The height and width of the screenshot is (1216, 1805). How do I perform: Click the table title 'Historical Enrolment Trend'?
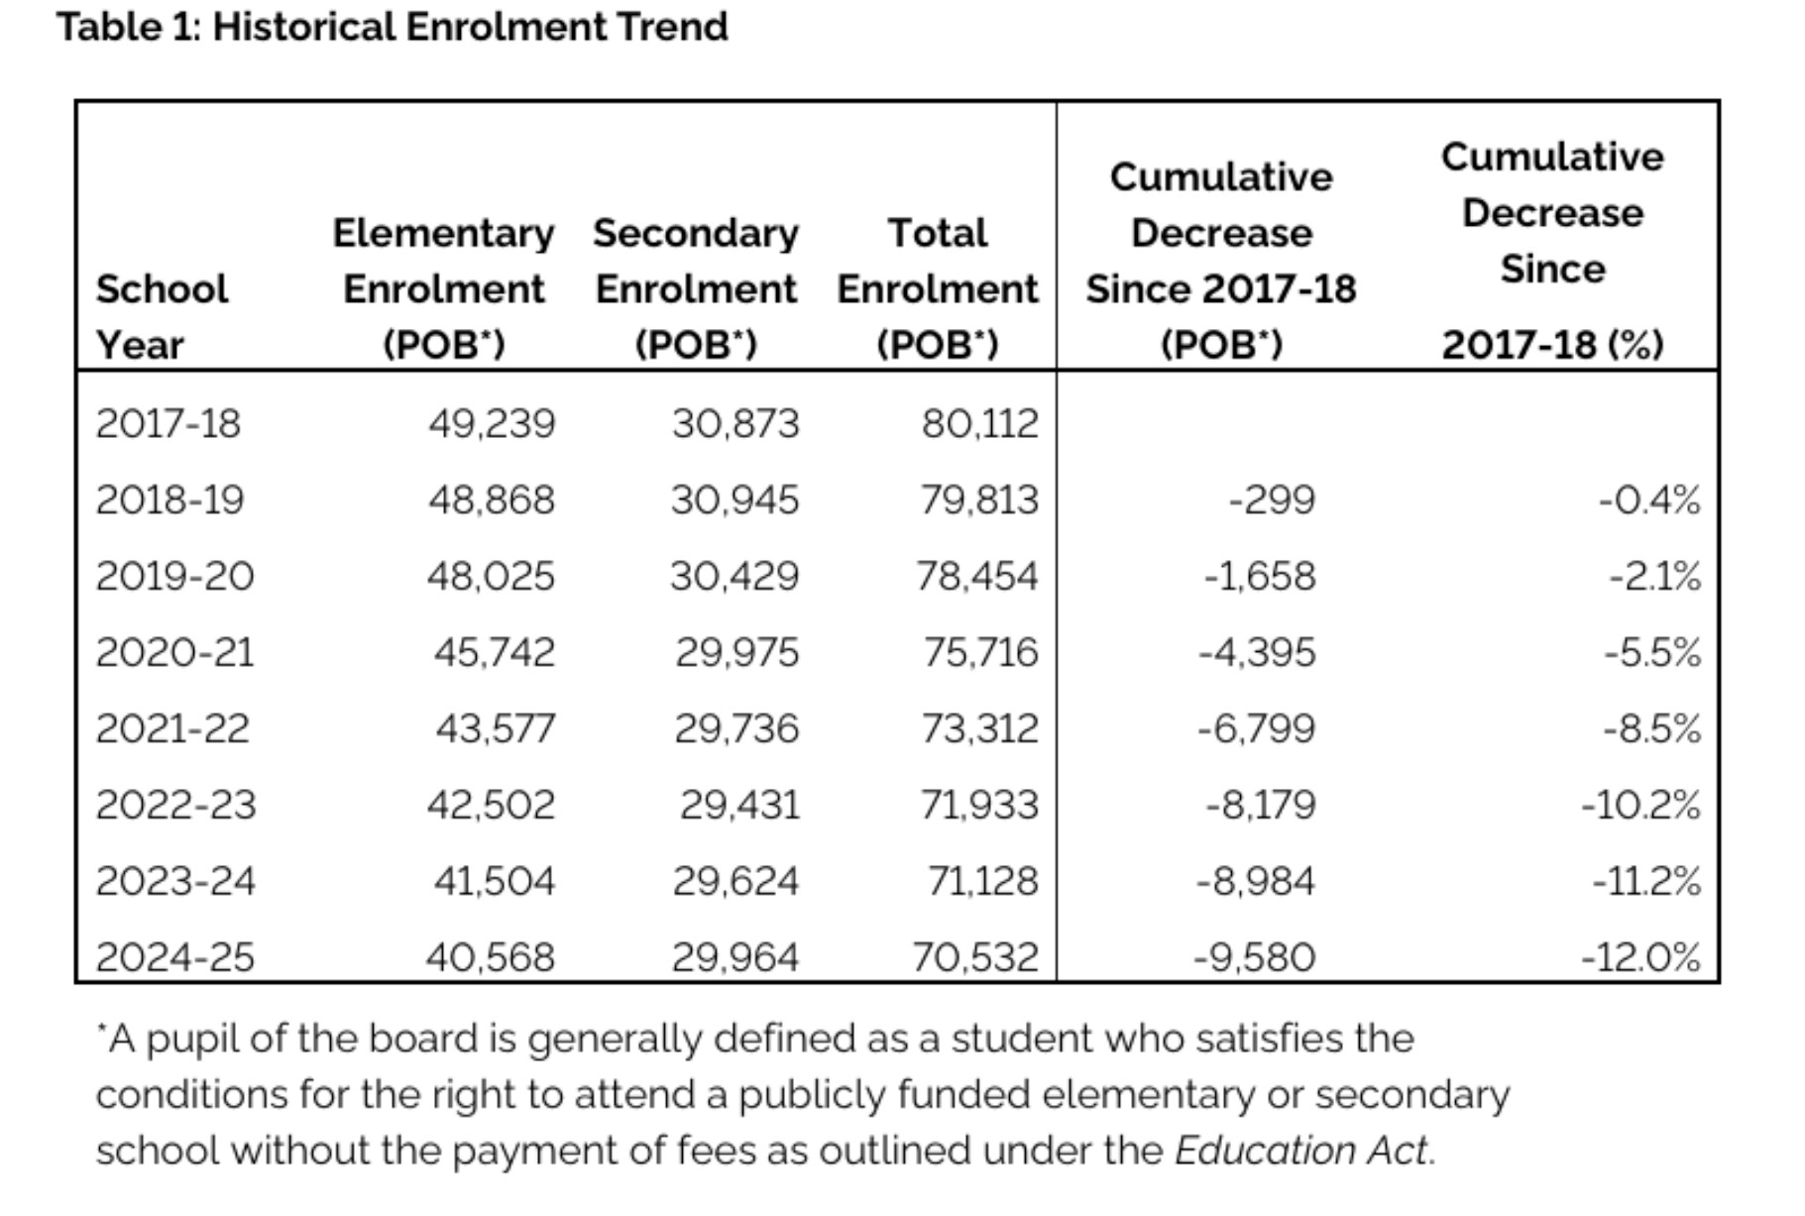point(470,27)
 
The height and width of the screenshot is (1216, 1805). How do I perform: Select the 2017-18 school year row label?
point(168,424)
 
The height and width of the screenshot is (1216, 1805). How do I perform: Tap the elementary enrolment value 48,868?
point(491,500)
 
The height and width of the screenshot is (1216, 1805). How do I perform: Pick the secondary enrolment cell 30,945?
point(734,500)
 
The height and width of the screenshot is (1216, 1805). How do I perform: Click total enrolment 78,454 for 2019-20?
point(976,577)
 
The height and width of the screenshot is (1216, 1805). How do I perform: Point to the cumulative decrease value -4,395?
point(1257,653)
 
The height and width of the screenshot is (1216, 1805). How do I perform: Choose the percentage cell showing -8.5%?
point(1652,729)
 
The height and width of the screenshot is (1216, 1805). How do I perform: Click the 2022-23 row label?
point(175,806)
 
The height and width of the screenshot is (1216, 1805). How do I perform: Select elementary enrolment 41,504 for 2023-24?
point(494,882)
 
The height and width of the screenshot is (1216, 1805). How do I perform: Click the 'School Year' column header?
point(162,317)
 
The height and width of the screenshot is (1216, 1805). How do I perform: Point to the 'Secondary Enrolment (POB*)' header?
point(696,288)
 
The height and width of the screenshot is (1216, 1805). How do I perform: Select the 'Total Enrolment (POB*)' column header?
point(938,288)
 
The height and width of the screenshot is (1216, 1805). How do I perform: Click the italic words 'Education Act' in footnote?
point(1301,1152)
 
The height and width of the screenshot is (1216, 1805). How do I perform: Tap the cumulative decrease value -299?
point(1272,500)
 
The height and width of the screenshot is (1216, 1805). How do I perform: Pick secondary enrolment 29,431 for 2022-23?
point(739,806)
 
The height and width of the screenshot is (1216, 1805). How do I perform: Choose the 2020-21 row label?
point(174,653)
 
